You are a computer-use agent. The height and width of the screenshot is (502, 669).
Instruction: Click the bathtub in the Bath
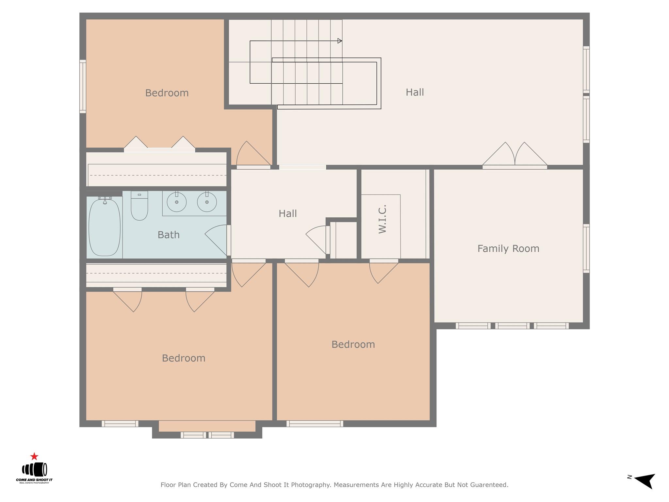tap(105, 227)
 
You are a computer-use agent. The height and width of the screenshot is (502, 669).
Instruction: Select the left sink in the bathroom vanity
tap(177, 202)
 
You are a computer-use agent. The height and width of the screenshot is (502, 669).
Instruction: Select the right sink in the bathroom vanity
tap(207, 202)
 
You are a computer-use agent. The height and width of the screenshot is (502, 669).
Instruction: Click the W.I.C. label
tap(383, 219)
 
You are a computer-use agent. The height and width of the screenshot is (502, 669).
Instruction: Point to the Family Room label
tap(508, 249)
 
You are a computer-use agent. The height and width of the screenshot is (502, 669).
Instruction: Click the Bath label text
tap(169, 235)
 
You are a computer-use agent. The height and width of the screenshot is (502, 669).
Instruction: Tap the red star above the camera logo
tap(34, 456)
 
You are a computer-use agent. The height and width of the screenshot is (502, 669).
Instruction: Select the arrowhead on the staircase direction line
tap(340, 41)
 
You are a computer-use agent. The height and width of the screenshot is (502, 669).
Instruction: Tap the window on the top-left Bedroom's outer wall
tap(83, 87)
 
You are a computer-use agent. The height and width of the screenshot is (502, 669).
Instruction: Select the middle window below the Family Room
tap(512, 326)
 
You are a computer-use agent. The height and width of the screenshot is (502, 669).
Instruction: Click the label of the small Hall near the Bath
tap(287, 214)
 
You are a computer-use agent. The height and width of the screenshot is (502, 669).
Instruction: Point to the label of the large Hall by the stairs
tap(415, 92)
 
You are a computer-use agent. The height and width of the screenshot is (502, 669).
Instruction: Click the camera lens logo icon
tap(35, 470)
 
